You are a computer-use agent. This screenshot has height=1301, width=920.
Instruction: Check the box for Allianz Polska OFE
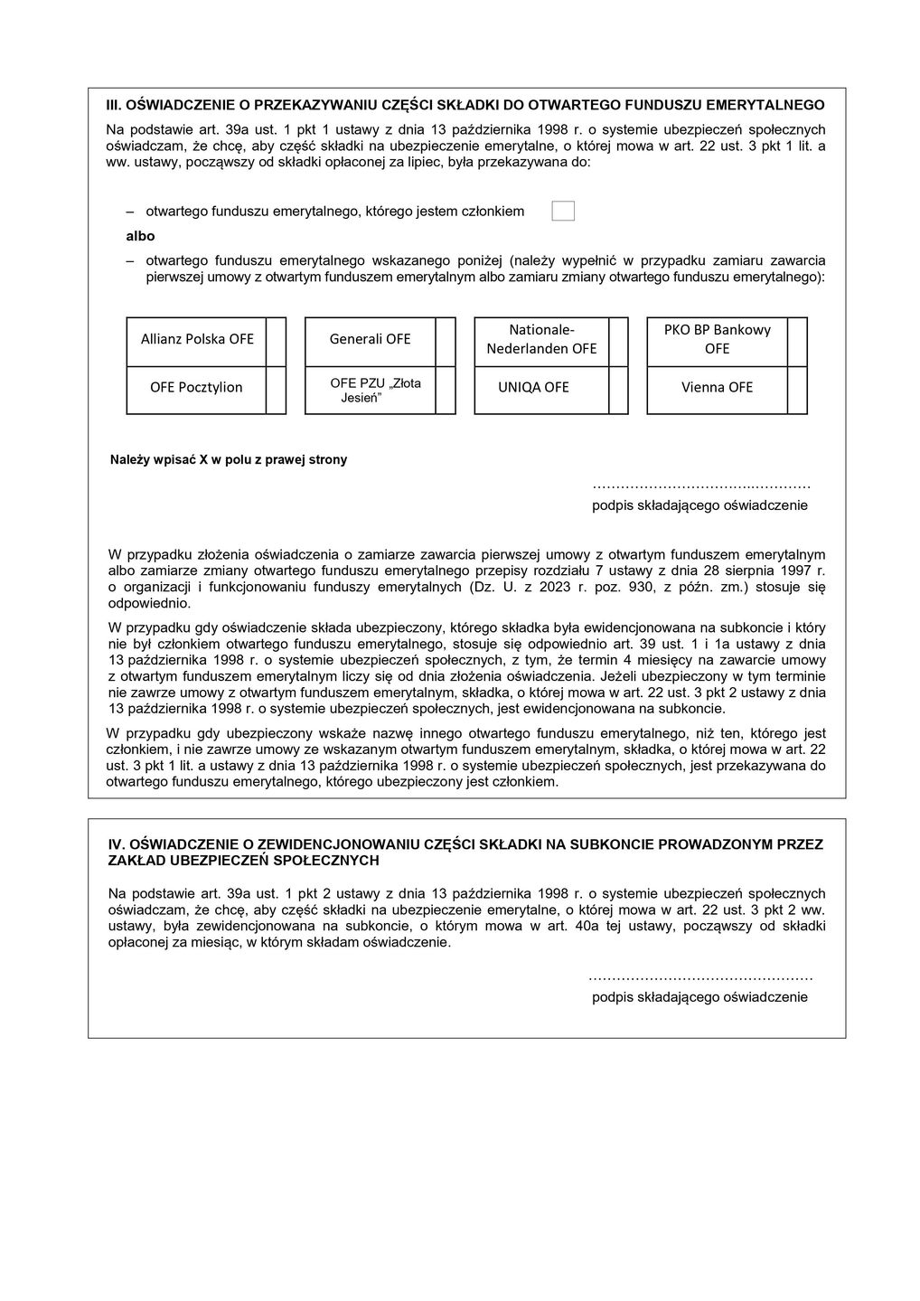[276, 342]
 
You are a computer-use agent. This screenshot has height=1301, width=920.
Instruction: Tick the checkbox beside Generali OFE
[446, 342]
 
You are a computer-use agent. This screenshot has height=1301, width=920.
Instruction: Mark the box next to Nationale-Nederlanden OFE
[618, 342]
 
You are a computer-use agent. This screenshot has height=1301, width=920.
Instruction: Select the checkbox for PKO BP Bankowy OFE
[797, 342]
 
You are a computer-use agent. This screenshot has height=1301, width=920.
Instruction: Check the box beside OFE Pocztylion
[276, 390]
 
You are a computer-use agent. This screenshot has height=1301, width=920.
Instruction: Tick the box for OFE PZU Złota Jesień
[446, 390]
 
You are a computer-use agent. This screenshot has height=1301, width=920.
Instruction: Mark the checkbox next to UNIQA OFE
[618, 390]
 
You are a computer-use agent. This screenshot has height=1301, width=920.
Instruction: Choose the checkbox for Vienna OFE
[797, 390]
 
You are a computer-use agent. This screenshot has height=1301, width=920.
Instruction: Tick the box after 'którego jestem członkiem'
[563, 211]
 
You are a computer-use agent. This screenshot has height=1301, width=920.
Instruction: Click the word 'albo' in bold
[140, 236]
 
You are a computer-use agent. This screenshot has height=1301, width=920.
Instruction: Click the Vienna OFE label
[717, 388]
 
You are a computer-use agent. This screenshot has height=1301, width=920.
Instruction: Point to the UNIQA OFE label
[533, 388]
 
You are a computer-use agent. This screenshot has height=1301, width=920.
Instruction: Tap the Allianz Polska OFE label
[197, 340]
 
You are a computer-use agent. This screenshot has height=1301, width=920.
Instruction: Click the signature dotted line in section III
[700, 486]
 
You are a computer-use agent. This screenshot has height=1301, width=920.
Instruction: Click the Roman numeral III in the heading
[114, 105]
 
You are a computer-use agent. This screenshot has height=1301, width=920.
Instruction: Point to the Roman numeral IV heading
[115, 844]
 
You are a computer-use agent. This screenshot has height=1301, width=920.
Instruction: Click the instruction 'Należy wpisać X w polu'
[229, 460]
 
